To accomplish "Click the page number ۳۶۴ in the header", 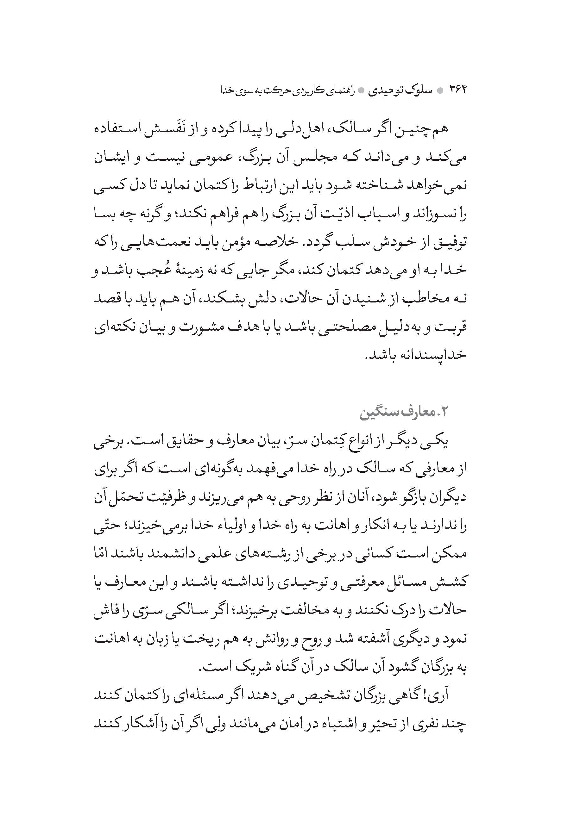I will tap(458, 90).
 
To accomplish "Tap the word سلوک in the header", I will tap(418, 90).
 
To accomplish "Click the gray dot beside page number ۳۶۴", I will tap(440, 90).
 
